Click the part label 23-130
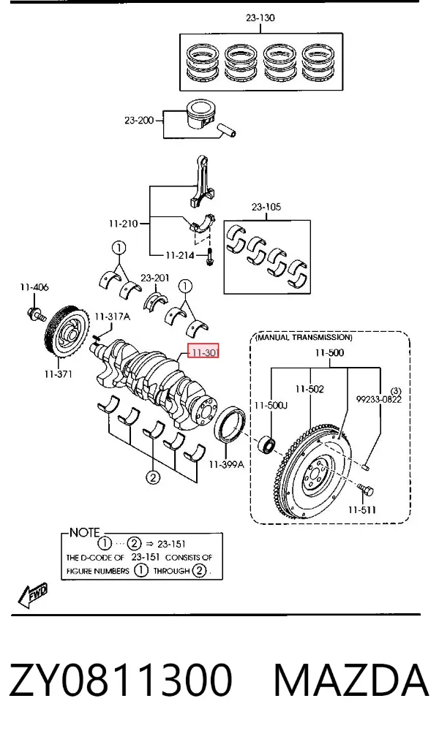260,18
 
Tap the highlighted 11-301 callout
203,352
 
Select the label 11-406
34,287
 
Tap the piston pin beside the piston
226,130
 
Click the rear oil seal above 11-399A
230,424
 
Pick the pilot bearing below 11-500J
267,444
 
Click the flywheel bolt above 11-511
365,490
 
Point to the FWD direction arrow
32,595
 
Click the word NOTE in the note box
84,533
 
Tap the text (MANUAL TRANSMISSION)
303,338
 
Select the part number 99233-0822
379,400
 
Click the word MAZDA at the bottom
351,681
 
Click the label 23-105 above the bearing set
266,206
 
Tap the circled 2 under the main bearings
153,477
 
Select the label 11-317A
112,317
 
